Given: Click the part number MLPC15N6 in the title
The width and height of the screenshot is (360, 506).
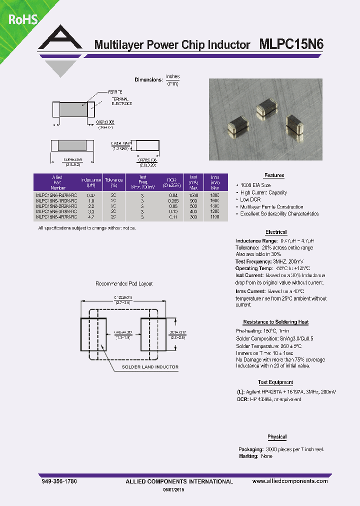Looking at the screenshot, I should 291,44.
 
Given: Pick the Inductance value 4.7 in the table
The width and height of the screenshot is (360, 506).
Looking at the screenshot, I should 91,217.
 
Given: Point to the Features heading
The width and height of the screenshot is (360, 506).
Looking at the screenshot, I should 274,175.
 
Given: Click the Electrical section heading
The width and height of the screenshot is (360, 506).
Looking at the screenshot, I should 276,232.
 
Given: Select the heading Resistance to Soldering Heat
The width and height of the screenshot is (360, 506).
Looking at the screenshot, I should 276,322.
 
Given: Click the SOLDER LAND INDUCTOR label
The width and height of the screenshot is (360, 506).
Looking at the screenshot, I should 150,367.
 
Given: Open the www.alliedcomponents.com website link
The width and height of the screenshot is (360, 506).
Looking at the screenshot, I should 290,481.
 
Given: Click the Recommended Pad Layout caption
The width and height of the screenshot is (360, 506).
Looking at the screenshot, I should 124,283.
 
